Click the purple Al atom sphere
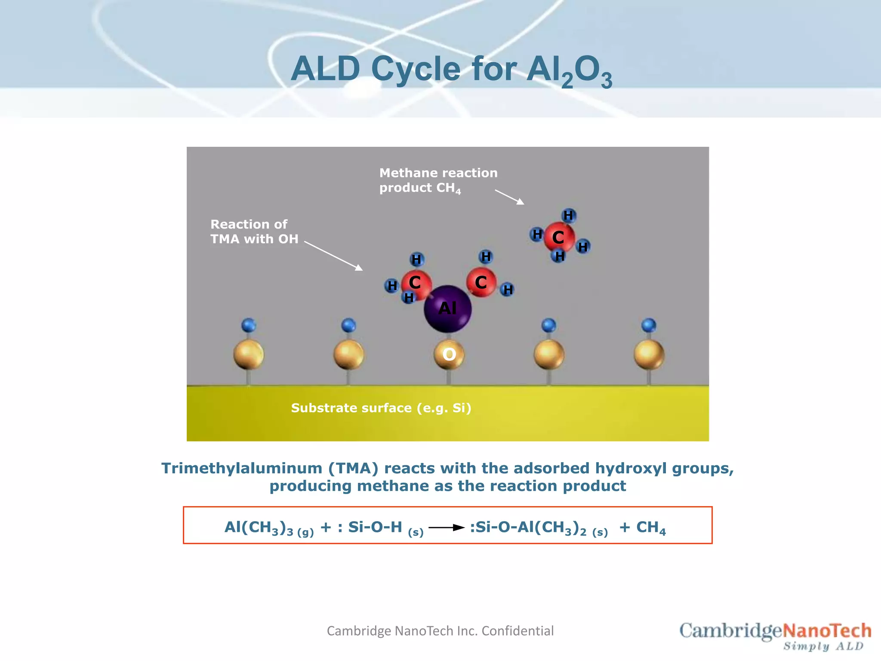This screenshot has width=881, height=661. tap(447, 309)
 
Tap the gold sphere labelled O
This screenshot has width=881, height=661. tap(449, 355)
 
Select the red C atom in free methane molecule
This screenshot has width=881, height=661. tap(559, 237)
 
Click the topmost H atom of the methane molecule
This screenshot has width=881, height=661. tap(569, 215)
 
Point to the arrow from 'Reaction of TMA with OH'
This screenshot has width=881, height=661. tap(333, 256)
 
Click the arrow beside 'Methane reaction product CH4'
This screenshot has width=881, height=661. tap(510, 197)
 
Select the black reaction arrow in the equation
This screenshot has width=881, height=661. tap(446, 528)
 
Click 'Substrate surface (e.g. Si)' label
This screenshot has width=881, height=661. tap(381, 408)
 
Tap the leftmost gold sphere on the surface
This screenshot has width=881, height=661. tap(248, 355)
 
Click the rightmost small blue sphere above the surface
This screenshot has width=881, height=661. tap(649, 325)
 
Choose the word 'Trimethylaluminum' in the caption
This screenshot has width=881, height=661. tap(242, 468)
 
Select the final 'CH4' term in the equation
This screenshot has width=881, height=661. tap(651, 528)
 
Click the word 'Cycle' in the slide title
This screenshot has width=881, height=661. tap(416, 70)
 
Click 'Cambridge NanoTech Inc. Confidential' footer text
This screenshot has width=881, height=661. tap(440, 631)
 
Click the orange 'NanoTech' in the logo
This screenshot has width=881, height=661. tap(827, 631)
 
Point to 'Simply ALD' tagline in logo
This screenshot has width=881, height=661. tap(823, 646)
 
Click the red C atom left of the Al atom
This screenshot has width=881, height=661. tap(415, 283)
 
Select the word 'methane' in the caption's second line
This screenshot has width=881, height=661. tap(390, 486)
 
